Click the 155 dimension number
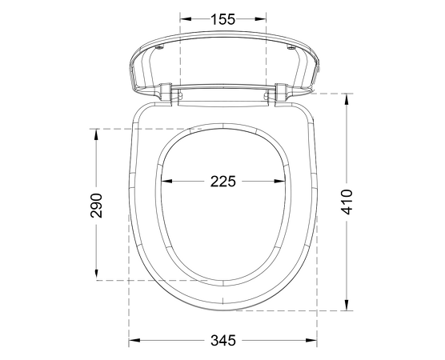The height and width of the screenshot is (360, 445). (223, 19)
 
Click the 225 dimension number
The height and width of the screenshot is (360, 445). (223, 182)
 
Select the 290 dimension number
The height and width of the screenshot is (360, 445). (96, 206)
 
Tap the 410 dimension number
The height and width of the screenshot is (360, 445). (347, 202)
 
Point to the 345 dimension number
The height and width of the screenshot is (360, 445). (223, 340)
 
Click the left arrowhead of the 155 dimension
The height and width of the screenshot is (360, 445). (186, 19)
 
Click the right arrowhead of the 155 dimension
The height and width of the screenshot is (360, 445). (260, 19)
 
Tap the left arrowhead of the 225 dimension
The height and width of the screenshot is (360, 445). (166, 181)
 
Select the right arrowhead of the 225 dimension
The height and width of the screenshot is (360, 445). (279, 181)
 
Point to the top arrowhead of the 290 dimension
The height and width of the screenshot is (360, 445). (97, 134)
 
